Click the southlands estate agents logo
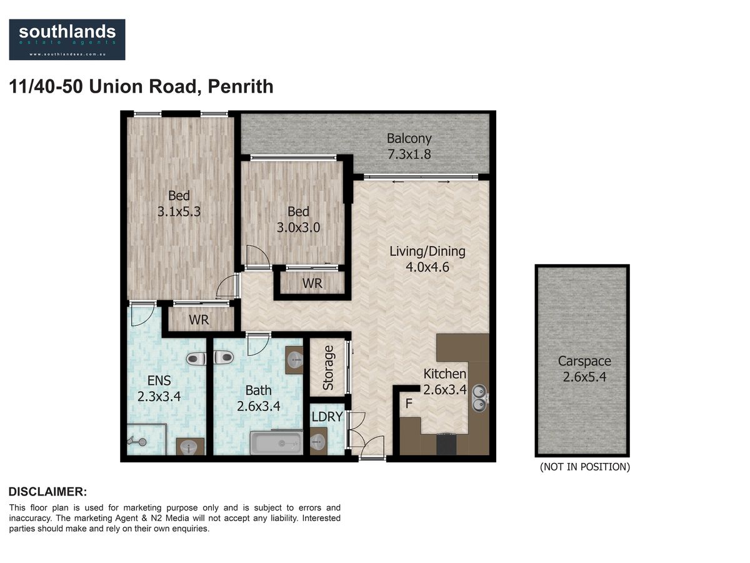click(x=67, y=39)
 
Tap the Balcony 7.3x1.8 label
click(x=409, y=146)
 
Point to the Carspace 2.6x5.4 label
click(x=584, y=369)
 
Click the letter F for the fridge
click(x=409, y=403)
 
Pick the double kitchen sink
click(x=480, y=398)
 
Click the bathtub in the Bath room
click(x=276, y=444)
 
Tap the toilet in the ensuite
click(x=196, y=358)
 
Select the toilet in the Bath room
click(x=224, y=358)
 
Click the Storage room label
click(x=328, y=368)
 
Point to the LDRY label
click(x=327, y=417)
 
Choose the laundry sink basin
click(x=318, y=441)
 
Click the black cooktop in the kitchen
click(x=446, y=444)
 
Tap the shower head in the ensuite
click(x=137, y=441)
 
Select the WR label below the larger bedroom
click(x=199, y=320)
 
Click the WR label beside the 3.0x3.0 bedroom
click(x=312, y=283)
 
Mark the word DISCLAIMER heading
click(x=48, y=492)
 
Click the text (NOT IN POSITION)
click(x=584, y=467)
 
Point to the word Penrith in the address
click(x=241, y=86)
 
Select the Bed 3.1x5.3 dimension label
click(x=179, y=204)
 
